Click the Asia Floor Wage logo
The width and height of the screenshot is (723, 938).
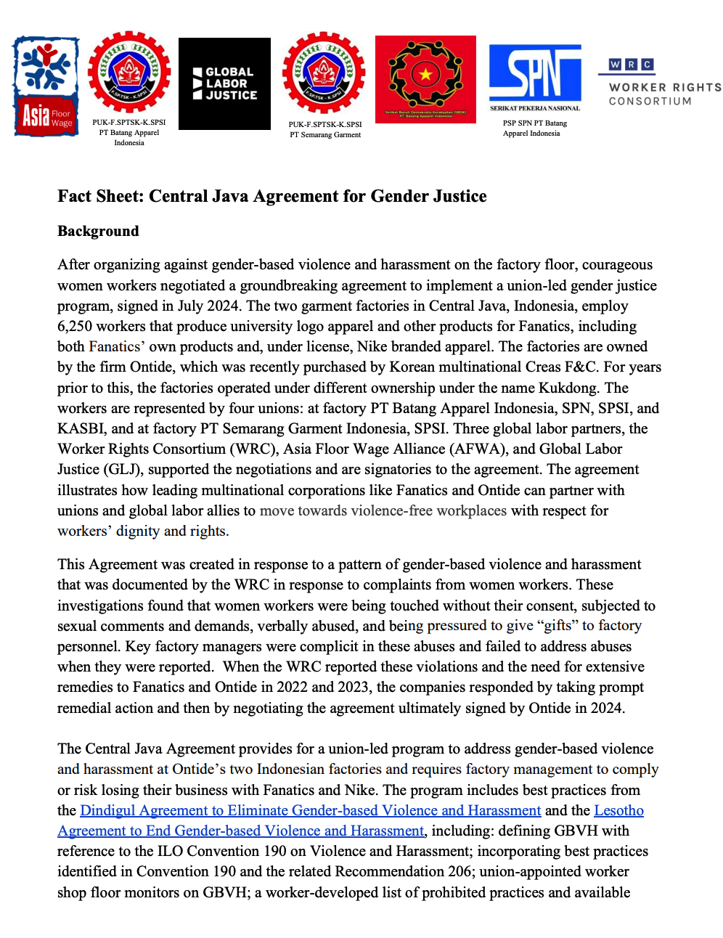[x=46, y=86]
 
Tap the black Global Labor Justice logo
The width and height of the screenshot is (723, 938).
[x=224, y=83]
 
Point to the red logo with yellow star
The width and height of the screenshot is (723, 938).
[x=425, y=79]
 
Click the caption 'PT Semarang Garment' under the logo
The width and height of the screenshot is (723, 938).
[x=325, y=135]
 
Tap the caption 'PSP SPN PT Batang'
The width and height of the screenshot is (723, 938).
[x=535, y=123]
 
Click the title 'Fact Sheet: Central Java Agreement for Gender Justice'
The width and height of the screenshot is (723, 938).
[x=272, y=196]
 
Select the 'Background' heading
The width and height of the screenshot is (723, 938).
[x=98, y=231]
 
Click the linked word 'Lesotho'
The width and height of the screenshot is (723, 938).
[x=618, y=810]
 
